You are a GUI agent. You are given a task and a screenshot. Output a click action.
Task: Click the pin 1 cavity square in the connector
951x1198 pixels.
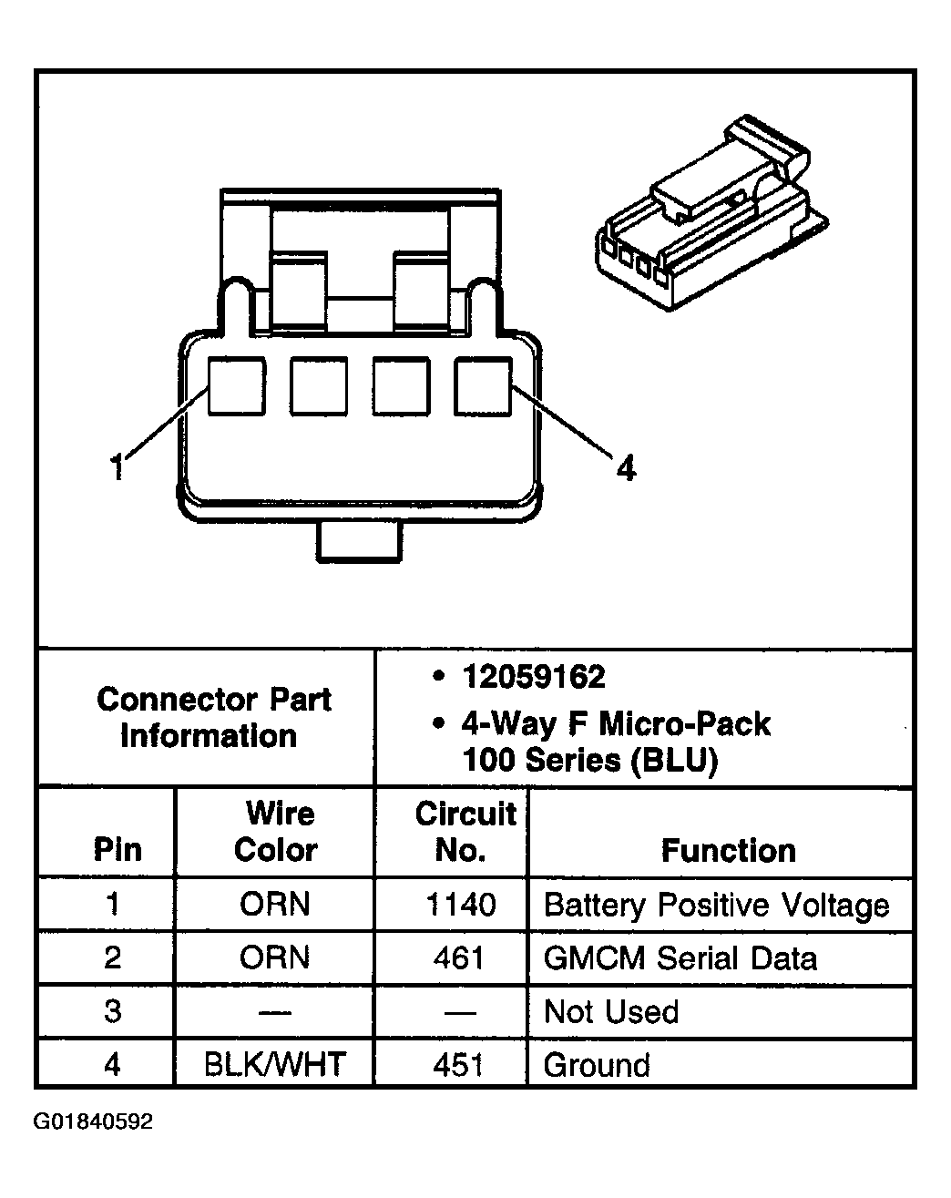(x=237, y=386)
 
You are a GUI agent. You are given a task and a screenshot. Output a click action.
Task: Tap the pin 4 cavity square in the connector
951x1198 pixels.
(x=483, y=386)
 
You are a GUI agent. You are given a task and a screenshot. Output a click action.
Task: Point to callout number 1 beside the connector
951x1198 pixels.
(x=117, y=467)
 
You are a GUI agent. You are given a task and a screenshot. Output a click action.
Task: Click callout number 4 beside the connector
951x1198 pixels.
(x=625, y=468)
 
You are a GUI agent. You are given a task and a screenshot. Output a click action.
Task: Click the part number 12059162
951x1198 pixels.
(x=533, y=677)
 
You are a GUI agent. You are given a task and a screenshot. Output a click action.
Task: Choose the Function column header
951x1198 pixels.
(x=728, y=850)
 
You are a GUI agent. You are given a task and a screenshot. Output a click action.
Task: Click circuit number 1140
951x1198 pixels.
(x=461, y=905)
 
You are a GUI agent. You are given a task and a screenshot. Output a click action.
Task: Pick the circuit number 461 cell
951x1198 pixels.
(x=459, y=957)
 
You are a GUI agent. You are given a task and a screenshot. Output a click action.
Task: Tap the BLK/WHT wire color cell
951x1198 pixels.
(x=274, y=1064)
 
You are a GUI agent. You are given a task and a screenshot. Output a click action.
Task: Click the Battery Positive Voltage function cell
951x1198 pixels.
(x=716, y=905)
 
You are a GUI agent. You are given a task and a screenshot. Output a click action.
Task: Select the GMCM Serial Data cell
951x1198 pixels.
(x=680, y=957)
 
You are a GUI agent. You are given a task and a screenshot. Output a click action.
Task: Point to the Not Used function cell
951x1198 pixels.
(x=610, y=1011)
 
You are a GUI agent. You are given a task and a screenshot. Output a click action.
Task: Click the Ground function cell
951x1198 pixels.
(x=597, y=1064)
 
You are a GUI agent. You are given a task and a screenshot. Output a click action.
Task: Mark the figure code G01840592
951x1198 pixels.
(x=93, y=1121)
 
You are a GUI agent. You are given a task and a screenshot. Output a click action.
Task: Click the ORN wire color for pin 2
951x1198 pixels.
(x=275, y=957)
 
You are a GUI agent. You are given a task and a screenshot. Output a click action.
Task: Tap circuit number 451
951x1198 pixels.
(x=459, y=1064)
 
